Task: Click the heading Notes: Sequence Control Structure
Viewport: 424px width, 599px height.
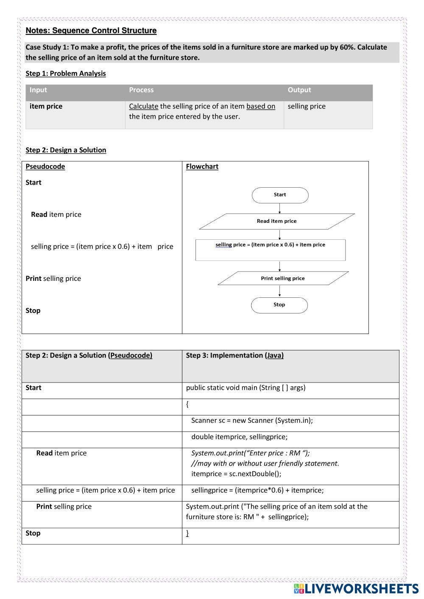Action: [91, 31]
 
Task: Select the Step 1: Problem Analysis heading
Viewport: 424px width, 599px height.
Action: [66, 73]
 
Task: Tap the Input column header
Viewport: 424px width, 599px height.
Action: [38, 90]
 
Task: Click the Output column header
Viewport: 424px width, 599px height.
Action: [299, 90]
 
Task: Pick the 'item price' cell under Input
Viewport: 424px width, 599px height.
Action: [46, 106]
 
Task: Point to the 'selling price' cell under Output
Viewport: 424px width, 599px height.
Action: [307, 106]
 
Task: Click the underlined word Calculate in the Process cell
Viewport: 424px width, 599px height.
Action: [143, 106]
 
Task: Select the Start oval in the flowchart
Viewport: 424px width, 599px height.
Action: [280, 195]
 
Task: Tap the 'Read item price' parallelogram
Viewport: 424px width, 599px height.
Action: [277, 221]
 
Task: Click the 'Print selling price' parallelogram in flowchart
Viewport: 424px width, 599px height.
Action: [283, 278]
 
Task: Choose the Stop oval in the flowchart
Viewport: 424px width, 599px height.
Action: [279, 305]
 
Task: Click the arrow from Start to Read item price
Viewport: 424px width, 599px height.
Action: [280, 208]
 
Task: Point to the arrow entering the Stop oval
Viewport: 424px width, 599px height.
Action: [280, 291]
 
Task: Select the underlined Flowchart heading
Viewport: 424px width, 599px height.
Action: [202, 166]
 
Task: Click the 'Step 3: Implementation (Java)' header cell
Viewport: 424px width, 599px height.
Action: [234, 355]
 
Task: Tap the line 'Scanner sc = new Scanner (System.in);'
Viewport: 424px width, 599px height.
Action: [252, 420]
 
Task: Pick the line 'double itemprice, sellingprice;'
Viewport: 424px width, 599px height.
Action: [239, 437]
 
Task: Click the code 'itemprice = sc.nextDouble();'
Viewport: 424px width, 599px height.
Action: [236, 474]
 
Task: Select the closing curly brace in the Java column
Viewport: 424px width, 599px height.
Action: [187, 533]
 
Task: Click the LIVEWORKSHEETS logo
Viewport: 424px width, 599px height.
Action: [356, 588]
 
